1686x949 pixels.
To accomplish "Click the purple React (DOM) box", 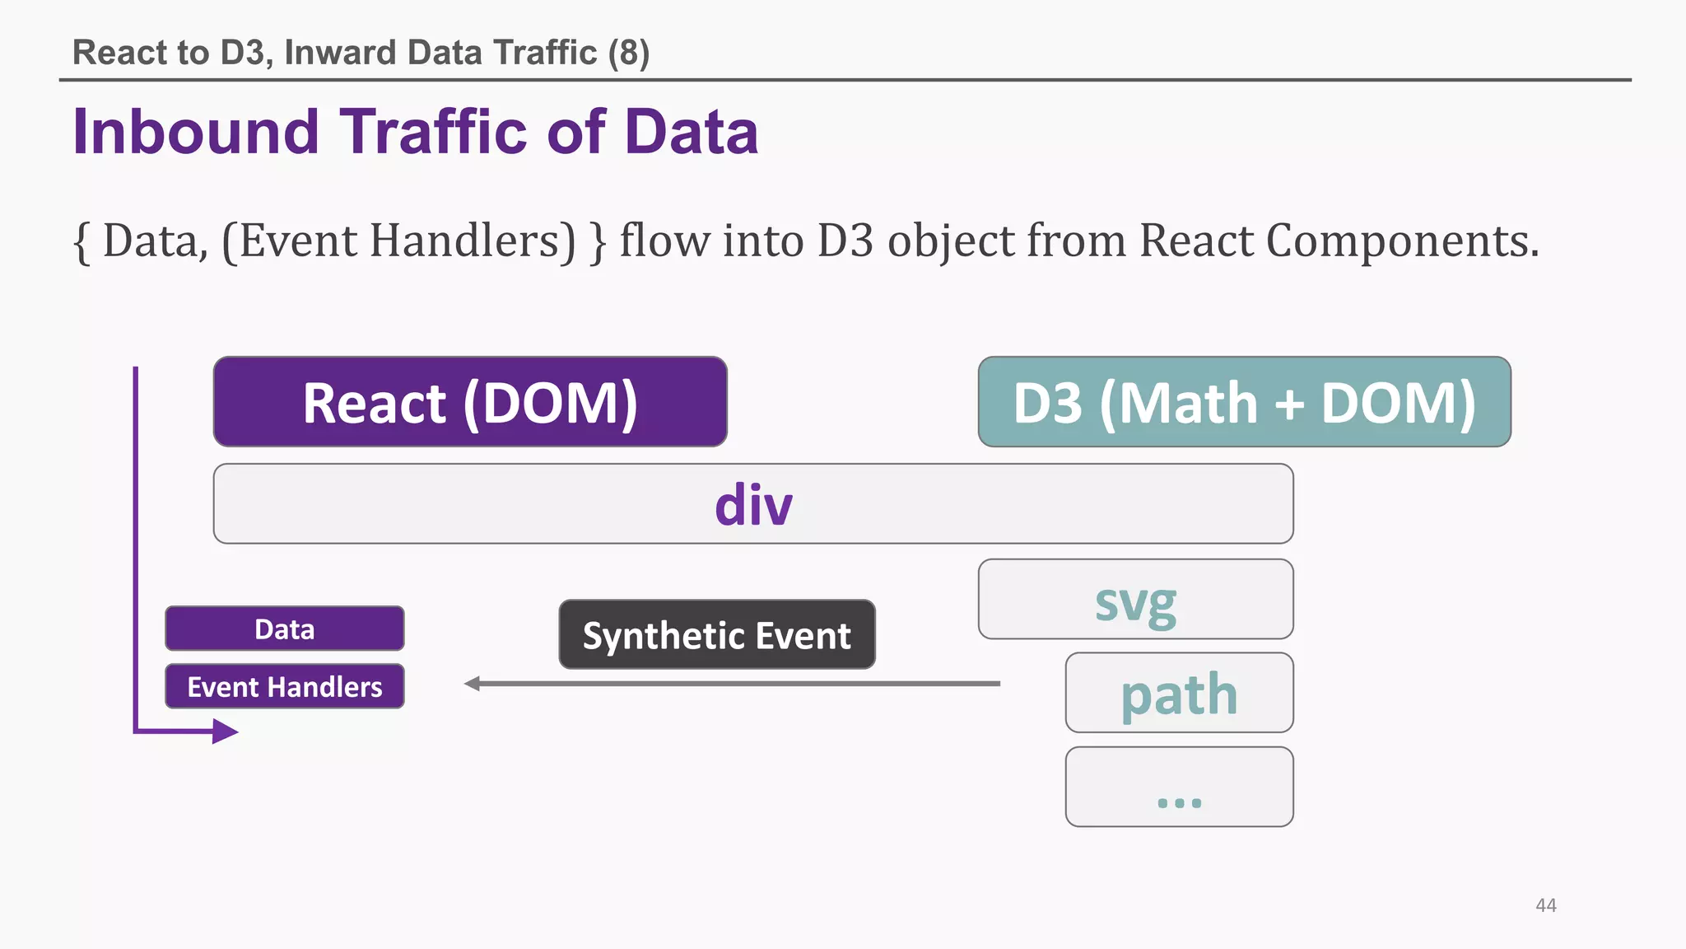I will click(470, 402).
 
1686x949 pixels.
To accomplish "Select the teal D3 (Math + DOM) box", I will click(1244, 402).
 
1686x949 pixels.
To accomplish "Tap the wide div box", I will click(752, 504).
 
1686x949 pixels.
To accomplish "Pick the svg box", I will click(1135, 600).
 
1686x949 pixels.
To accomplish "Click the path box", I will click(1179, 693).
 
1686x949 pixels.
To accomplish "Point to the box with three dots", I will click(1179, 787).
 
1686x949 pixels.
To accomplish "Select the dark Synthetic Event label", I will click(716, 635).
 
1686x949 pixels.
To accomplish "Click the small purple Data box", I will click(284, 629).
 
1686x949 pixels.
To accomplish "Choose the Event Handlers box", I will click(284, 686).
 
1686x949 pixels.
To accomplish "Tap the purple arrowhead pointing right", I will click(225, 731).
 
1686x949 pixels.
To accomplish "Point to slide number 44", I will click(1545, 905).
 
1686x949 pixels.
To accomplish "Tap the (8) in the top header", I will click(629, 53).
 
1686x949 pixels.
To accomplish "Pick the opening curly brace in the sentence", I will click(82, 242).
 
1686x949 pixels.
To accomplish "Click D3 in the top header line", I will click(243, 53).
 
